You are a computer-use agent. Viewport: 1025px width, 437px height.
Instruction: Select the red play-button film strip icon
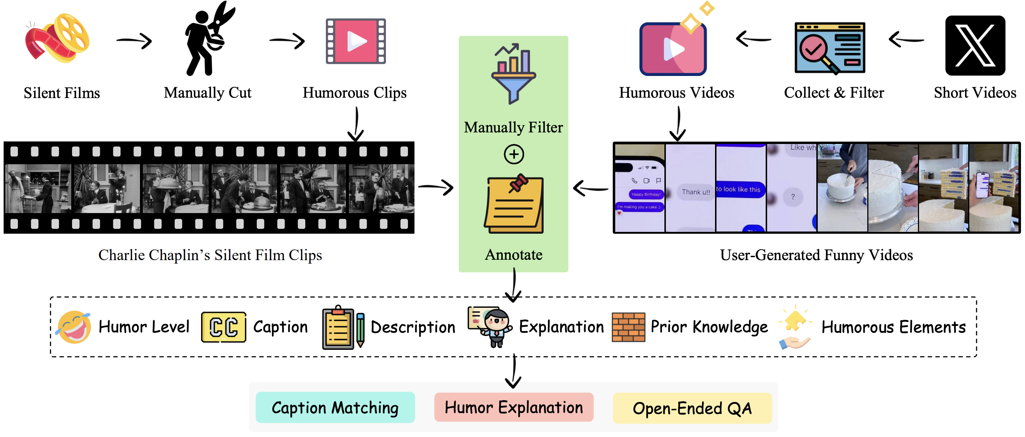[x=355, y=41]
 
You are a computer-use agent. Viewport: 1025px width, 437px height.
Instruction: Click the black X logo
[x=975, y=45]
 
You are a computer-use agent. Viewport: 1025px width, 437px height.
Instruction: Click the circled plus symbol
[x=514, y=154]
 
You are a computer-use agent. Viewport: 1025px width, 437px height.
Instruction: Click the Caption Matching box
[x=335, y=408]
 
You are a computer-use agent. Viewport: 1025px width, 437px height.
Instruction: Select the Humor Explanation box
[x=513, y=408]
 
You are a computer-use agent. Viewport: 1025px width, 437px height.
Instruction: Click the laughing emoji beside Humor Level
[x=74, y=327]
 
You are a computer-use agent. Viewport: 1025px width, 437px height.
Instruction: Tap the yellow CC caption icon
[x=223, y=327]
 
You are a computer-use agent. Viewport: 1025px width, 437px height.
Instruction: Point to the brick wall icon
[x=628, y=327]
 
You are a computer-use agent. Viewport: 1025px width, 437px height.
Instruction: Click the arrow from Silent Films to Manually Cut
[x=134, y=41]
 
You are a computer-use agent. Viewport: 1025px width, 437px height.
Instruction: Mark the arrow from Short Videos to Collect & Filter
[x=906, y=39]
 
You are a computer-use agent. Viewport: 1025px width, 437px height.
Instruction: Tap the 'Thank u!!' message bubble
[x=696, y=192]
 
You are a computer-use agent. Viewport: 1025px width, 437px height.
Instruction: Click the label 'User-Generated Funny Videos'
[x=816, y=255]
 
